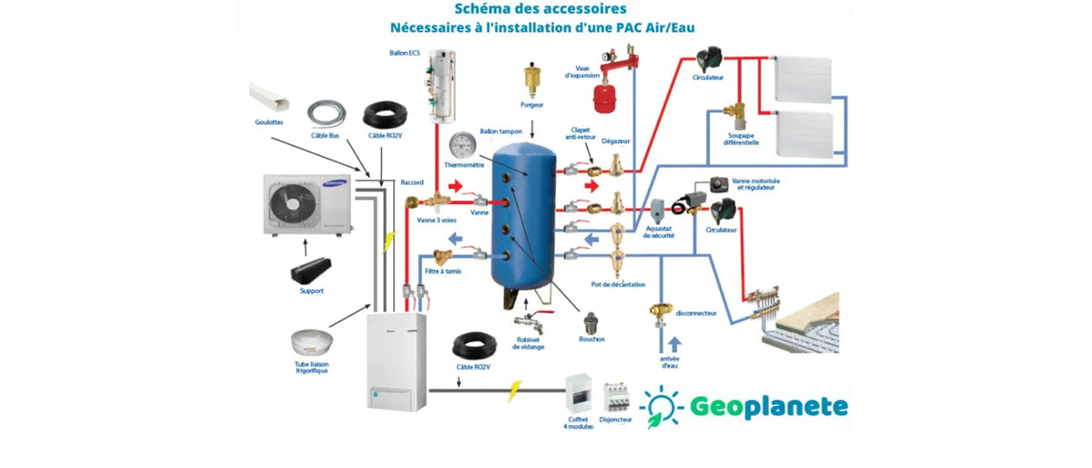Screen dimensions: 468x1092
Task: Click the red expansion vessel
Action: coord(601,95)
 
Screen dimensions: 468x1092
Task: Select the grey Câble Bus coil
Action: coord(325,114)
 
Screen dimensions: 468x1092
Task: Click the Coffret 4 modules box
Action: coord(579,393)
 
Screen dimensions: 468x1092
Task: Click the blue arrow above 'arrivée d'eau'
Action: coord(674,344)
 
